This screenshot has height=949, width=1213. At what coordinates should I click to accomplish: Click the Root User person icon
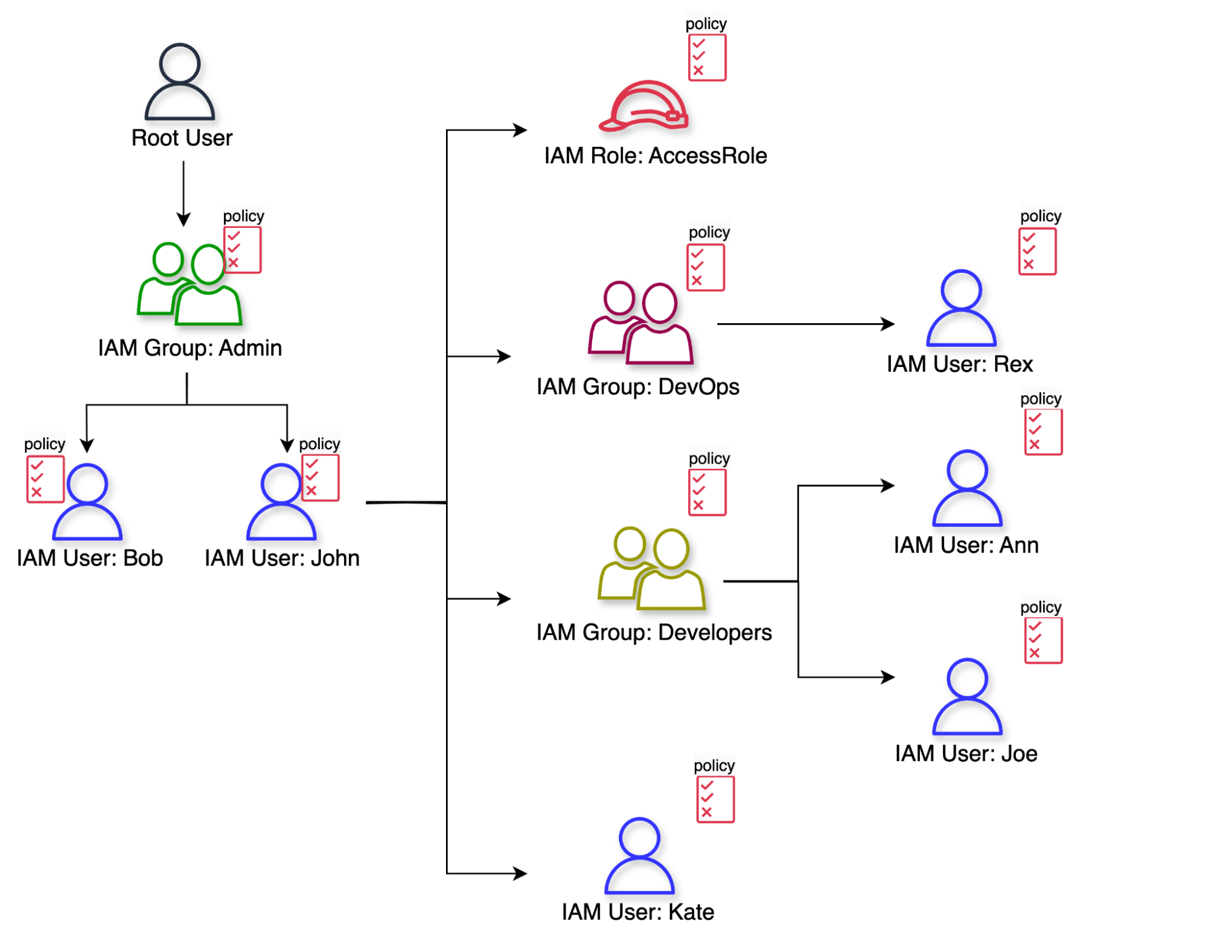tap(180, 82)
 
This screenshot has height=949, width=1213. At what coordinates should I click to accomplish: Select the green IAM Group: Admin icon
tap(189, 284)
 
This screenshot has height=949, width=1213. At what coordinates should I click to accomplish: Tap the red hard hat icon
tap(644, 107)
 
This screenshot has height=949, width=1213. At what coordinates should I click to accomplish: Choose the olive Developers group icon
tap(651, 568)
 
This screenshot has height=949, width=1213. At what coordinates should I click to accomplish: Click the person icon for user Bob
tap(87, 502)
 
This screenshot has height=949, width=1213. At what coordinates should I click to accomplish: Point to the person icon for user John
tap(281, 502)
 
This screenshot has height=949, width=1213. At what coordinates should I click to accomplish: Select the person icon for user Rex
tap(961, 308)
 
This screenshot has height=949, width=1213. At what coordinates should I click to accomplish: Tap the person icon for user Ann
tap(967, 488)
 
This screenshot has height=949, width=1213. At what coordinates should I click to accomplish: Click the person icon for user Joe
tap(967, 697)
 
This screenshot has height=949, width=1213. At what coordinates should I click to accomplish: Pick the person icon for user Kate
tap(640, 856)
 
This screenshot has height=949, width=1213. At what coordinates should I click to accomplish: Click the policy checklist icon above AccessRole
tap(707, 58)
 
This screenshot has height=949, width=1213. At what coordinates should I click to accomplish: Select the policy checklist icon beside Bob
tap(45, 479)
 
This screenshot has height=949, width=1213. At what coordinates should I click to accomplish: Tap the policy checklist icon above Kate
tap(715, 799)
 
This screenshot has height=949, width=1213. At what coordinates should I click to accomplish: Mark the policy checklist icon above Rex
tap(1037, 252)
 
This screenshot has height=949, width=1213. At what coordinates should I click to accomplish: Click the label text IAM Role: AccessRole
tap(655, 156)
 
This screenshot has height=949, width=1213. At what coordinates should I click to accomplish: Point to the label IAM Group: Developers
tap(654, 632)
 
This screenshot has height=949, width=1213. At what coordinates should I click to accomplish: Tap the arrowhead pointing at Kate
tap(520, 873)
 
